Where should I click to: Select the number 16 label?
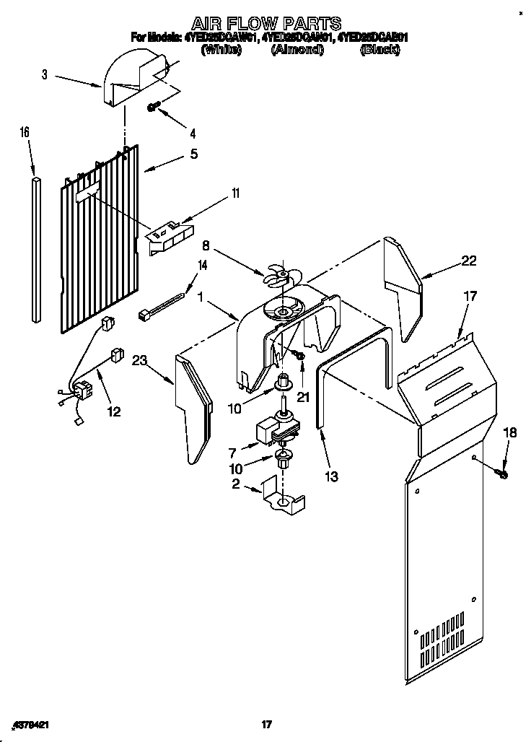click(25, 132)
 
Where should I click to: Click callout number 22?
click(469, 261)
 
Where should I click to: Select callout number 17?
click(470, 295)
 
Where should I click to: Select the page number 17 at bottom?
click(265, 724)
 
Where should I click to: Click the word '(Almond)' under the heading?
click(296, 50)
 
